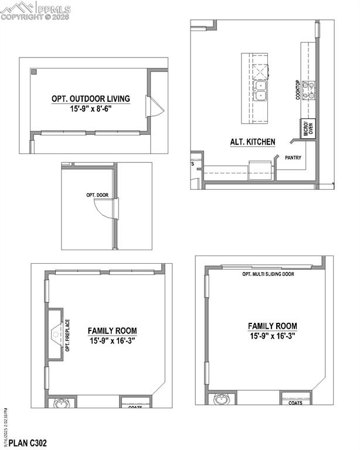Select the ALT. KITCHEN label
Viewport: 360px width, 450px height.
tap(253, 142)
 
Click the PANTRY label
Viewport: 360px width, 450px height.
tap(293, 158)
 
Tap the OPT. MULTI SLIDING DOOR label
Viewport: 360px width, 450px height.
tap(268, 274)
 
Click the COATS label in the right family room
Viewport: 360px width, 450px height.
tap(295, 403)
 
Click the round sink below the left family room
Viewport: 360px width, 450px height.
tap(61, 403)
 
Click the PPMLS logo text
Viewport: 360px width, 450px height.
tap(53, 9)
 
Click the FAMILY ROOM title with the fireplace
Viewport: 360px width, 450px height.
tap(113, 331)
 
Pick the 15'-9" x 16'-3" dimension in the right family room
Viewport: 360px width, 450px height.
tap(272, 336)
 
